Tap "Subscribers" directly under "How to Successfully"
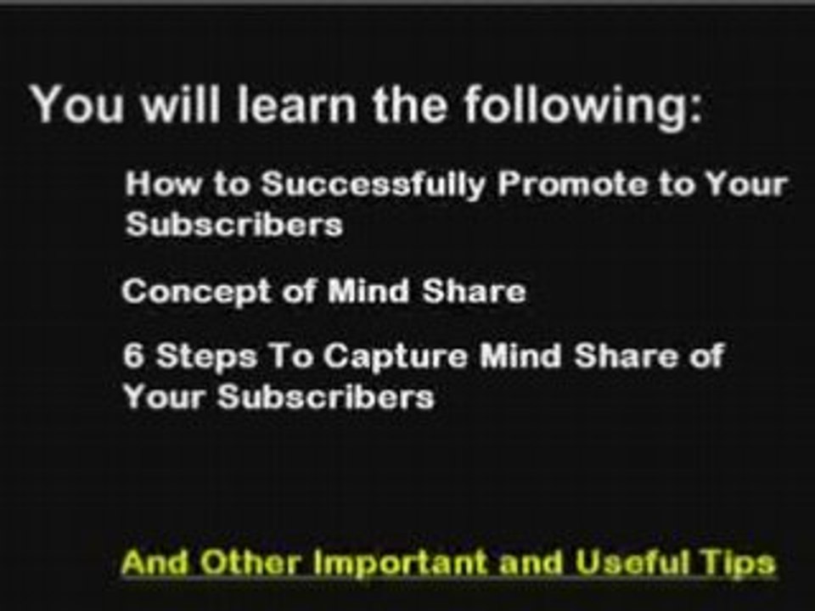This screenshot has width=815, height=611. click(x=234, y=224)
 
